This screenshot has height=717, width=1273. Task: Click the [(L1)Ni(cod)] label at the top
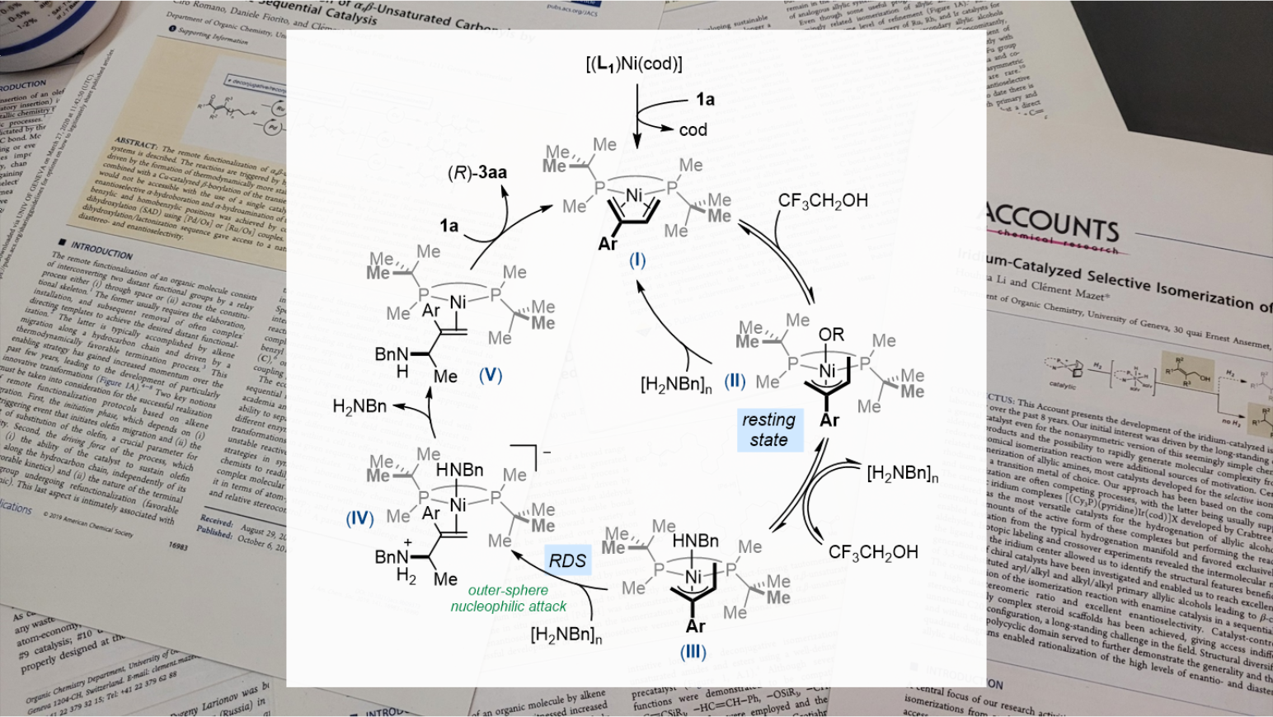[x=634, y=63]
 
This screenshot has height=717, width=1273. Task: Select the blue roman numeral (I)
[x=636, y=260]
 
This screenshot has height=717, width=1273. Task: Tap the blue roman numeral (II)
[x=735, y=381]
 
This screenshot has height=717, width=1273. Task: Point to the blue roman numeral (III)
[x=693, y=652]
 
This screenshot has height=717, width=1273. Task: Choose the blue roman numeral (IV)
[x=359, y=518]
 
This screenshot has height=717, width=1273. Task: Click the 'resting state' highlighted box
[x=768, y=429]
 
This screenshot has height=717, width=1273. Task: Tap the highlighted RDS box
[x=567, y=561]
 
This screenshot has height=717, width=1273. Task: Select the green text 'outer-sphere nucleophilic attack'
[x=508, y=598]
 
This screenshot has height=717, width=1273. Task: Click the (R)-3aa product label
[x=477, y=172]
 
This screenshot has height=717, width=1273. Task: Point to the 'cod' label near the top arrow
[x=693, y=130]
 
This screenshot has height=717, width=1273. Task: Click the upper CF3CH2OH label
[x=823, y=200]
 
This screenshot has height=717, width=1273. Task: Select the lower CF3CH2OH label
[x=873, y=552]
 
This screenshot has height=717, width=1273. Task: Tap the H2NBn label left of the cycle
[x=359, y=406]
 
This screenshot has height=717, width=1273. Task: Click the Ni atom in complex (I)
[x=633, y=196]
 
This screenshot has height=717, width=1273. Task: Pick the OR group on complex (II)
[x=831, y=335]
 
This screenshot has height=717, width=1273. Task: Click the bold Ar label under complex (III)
[x=695, y=626]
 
